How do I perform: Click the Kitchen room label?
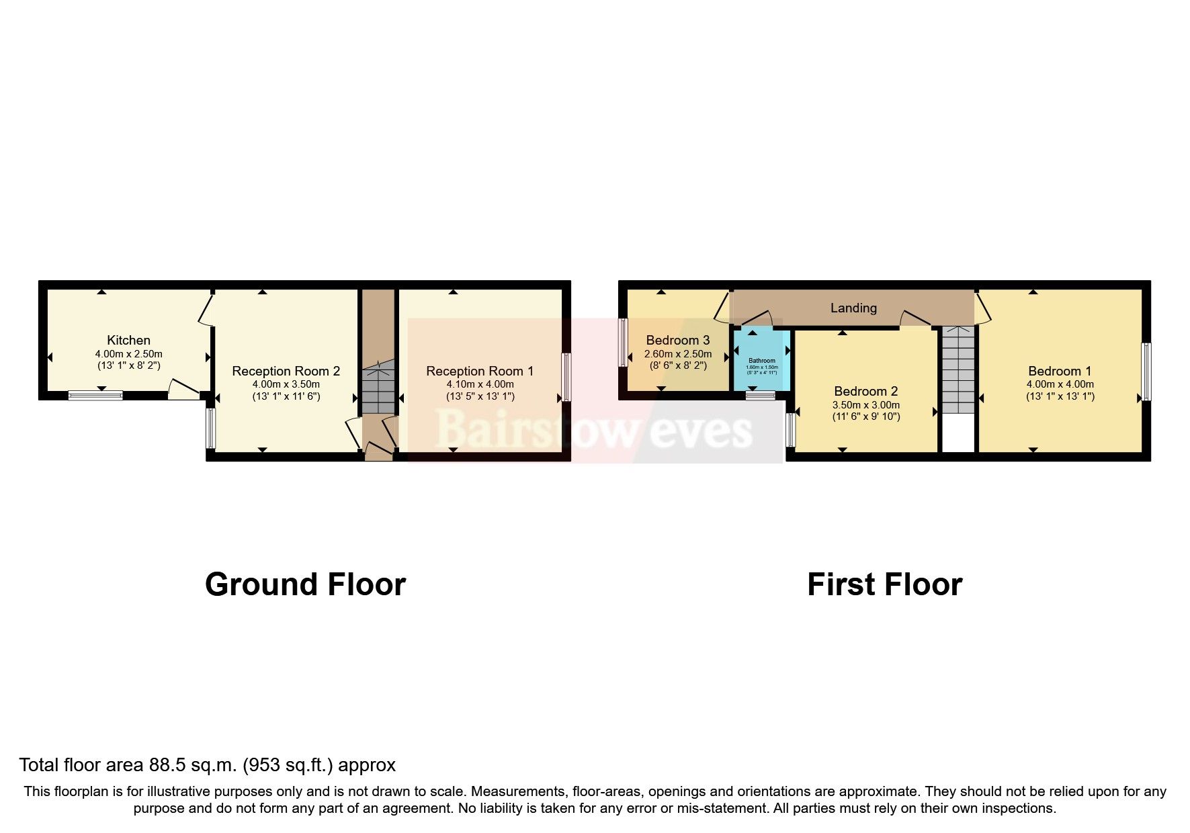point(128,340)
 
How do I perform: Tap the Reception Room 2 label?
point(286,371)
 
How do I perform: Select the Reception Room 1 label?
point(480,371)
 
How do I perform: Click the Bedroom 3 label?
point(677,340)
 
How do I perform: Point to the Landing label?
point(853,308)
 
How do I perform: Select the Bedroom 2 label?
point(865,391)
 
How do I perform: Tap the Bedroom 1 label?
point(1060,371)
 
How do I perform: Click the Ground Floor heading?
point(305,584)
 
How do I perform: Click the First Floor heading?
point(884,584)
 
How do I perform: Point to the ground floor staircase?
point(378,390)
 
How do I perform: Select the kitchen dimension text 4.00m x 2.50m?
point(128,354)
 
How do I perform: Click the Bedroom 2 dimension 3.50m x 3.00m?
point(865,405)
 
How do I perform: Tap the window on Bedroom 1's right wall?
point(1146,371)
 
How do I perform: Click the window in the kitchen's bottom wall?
point(95,396)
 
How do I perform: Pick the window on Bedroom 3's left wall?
point(622,342)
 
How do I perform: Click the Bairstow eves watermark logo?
point(594,430)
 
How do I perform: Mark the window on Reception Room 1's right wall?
point(566,376)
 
